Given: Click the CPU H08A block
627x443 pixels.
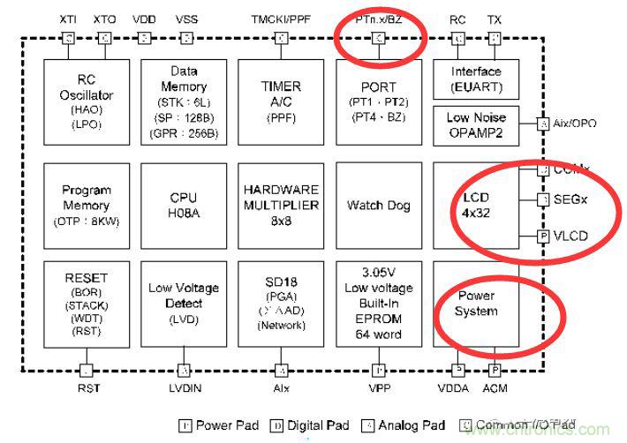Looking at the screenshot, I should click(x=184, y=206).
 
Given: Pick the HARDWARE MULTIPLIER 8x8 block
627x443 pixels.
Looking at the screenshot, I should click(x=281, y=206).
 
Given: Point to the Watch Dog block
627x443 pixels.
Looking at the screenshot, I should click(x=378, y=206).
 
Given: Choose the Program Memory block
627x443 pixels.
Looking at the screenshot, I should click(x=87, y=206).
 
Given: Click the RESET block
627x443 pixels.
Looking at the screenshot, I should click(x=87, y=304).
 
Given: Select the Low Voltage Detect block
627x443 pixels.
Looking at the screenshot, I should click(x=184, y=304).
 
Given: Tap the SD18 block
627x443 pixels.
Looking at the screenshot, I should click(x=281, y=304).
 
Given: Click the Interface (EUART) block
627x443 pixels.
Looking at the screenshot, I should click(x=476, y=79).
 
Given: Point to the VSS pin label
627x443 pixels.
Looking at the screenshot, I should click(x=186, y=19).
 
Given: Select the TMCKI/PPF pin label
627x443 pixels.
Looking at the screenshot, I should click(x=281, y=19).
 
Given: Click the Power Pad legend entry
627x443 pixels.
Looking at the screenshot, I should click(x=219, y=425).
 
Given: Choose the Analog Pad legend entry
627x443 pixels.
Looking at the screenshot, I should click(x=404, y=425).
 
